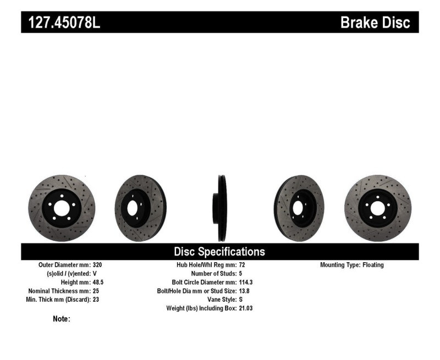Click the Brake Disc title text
coord(375,23)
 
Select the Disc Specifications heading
coord(219,252)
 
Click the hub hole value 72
coord(243,265)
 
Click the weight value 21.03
coord(246,308)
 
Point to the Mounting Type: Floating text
coord(352,265)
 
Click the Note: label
coord(61,319)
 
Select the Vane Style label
coord(218,300)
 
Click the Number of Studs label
coord(213,273)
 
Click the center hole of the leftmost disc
coord(61,208)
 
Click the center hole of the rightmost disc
coord(377,208)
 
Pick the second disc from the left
coord(140,208)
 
